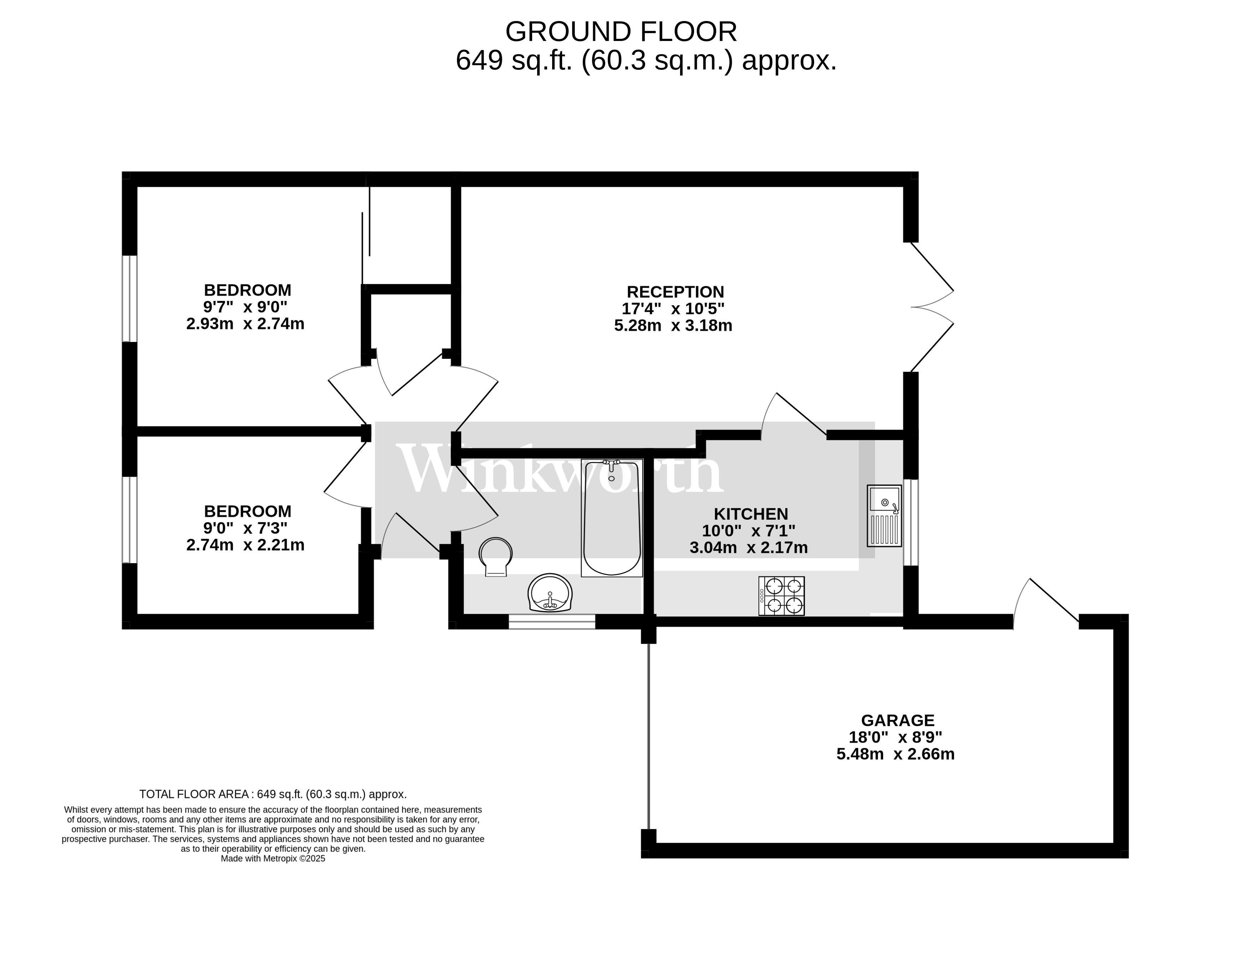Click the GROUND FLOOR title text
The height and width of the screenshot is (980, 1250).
[621, 32]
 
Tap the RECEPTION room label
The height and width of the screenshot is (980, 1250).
[675, 292]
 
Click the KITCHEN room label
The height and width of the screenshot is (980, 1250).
[751, 514]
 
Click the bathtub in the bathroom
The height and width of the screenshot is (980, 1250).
[612, 518]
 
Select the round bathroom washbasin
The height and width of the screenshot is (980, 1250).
[550, 593]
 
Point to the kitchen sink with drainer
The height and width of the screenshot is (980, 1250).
[884, 515]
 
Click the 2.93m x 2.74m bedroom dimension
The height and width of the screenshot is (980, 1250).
[245, 324]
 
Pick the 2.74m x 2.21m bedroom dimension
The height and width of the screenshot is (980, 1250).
[245, 545]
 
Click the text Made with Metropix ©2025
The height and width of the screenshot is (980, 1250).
[273, 859]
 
